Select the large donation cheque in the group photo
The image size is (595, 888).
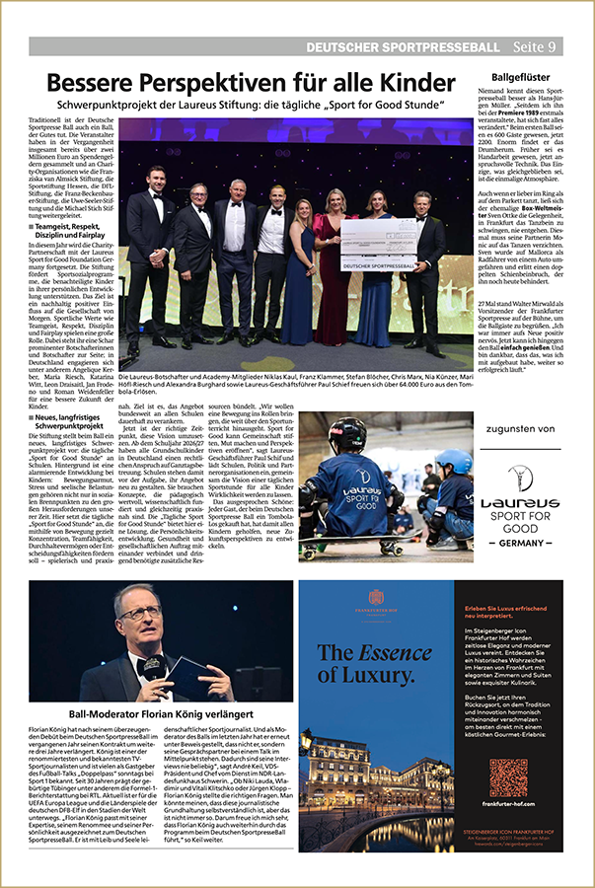click(x=379, y=244)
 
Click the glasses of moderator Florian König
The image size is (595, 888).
click(x=139, y=614)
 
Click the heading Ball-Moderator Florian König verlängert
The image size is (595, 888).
click(x=161, y=713)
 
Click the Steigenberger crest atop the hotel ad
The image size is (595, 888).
click(x=376, y=596)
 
